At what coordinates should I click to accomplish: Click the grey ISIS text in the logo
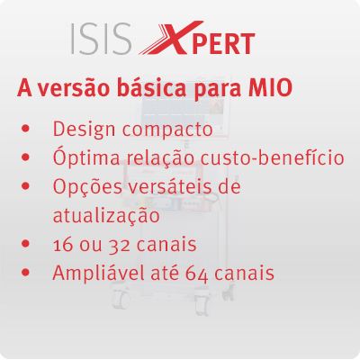click(102, 39)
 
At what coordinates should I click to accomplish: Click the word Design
click(84, 130)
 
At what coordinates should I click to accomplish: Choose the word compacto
click(167, 130)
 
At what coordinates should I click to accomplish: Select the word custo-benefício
click(273, 157)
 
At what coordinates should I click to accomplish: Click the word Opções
click(87, 186)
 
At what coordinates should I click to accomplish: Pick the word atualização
click(106, 215)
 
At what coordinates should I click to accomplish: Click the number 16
click(63, 245)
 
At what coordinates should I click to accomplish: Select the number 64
click(197, 274)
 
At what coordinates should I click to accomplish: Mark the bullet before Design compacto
click(26, 129)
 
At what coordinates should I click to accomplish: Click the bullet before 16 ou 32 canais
click(26, 243)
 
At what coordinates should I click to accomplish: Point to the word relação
click(160, 157)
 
